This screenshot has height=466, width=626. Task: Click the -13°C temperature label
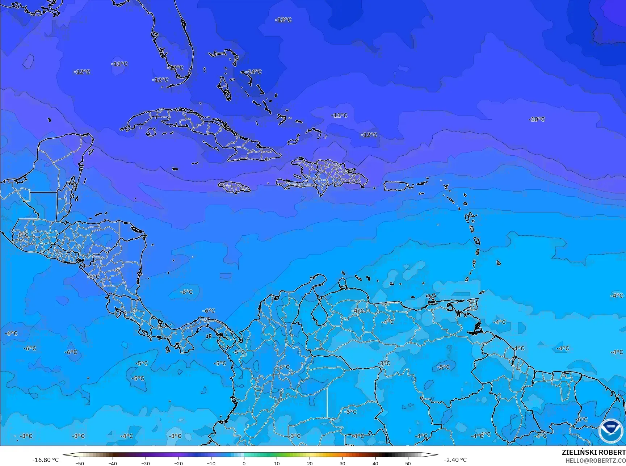[x=283, y=20]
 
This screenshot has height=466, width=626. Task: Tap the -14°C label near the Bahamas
[x=253, y=72]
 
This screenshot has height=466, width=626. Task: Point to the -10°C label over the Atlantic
[x=537, y=119]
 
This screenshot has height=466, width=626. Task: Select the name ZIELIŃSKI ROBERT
[x=593, y=452]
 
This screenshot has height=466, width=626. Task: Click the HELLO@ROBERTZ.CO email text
[x=596, y=460]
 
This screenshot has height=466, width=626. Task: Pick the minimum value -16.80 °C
[x=45, y=460]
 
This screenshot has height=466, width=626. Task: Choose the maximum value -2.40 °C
[x=455, y=460]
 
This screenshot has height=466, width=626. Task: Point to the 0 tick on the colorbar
[x=244, y=463]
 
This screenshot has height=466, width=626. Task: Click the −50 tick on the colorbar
[x=80, y=463]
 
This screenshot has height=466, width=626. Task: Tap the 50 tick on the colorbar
[x=408, y=463]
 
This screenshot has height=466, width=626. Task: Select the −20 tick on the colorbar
[x=178, y=463]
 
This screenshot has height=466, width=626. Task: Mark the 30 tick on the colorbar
[x=343, y=463]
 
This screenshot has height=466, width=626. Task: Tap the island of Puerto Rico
[x=396, y=186]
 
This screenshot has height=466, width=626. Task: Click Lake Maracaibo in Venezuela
[x=319, y=313]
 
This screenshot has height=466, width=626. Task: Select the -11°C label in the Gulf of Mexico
[x=119, y=64]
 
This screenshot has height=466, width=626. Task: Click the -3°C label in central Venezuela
[x=384, y=363]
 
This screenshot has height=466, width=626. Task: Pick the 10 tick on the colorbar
[x=277, y=463]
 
